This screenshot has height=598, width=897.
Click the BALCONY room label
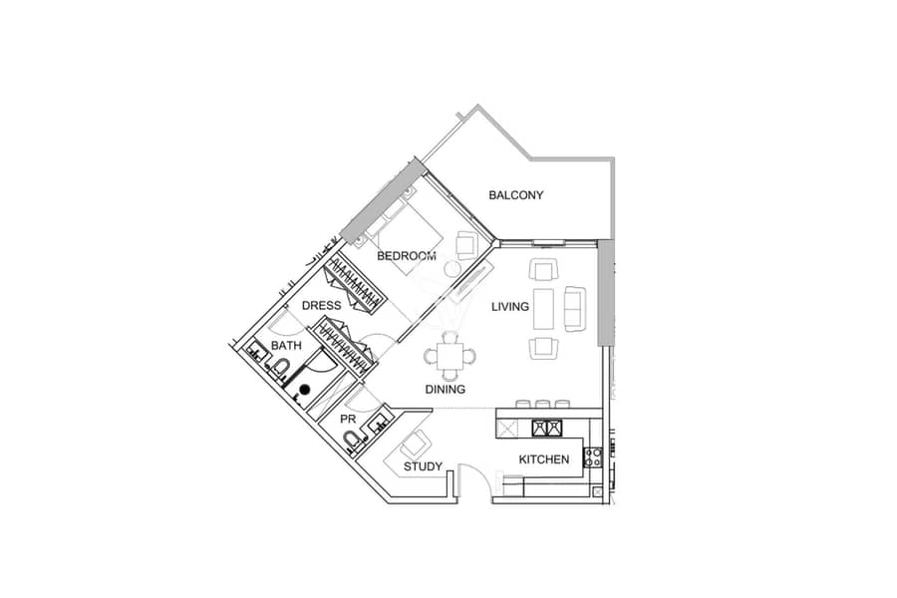click(515, 195)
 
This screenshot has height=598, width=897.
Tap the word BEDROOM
click(407, 256)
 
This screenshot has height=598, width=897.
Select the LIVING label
click(509, 307)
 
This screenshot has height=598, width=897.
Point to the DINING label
click(446, 389)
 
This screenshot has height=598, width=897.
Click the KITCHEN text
click(544, 458)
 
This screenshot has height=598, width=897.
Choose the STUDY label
click(423, 466)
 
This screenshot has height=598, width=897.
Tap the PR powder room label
click(348, 419)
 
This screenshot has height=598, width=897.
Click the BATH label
click(286, 346)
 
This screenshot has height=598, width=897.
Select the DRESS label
click(321, 306)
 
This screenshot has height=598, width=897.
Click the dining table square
click(450, 357)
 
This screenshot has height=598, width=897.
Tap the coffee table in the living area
click(543, 309)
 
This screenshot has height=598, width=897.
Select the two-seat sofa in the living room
click(575, 308)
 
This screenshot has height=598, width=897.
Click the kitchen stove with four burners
click(592, 456)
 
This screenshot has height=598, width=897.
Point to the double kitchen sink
click(547, 428)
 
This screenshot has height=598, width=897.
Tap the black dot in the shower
click(305, 389)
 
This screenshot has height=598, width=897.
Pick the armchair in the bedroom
click(466, 244)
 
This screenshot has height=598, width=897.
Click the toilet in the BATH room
click(280, 367)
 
